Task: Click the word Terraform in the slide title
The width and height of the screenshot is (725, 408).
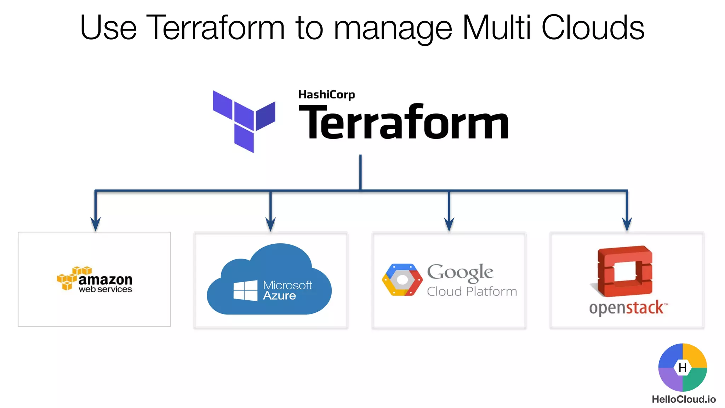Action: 215,28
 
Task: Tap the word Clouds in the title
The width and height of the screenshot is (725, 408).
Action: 593,28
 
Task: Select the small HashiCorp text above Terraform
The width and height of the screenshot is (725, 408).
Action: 326,95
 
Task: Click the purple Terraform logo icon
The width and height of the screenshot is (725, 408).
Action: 244,121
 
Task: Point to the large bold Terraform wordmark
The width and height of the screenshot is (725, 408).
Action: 404,122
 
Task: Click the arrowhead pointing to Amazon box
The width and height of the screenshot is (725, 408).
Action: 95,225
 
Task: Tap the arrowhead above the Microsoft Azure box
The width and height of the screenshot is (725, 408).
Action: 270,225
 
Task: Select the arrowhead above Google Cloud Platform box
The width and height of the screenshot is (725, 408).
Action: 449,225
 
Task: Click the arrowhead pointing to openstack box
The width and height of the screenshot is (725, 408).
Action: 627,225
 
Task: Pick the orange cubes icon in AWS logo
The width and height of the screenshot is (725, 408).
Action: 71,278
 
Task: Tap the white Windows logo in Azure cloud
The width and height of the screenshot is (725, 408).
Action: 245,290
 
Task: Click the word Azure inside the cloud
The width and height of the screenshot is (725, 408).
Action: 279,296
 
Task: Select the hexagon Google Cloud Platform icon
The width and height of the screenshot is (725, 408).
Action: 402,280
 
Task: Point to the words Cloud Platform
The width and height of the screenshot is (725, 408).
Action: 472,291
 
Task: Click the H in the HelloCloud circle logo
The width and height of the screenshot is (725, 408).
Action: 683,368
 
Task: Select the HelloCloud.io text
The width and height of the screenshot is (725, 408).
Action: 684,399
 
